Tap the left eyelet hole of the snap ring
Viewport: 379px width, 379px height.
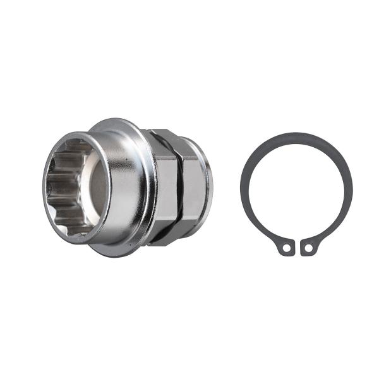point(287,248)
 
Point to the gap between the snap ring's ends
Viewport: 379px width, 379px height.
point(298,243)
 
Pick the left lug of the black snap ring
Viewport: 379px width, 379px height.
point(287,247)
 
